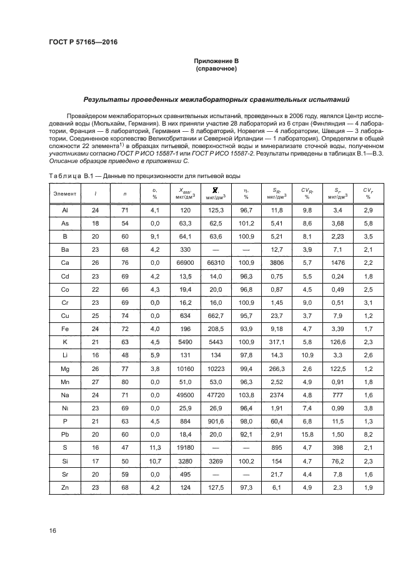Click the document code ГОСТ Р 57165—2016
pyautogui.click(x=82, y=42)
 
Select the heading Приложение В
pyautogui.click(x=216, y=61)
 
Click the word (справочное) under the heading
pyautogui.click(x=216, y=69)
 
